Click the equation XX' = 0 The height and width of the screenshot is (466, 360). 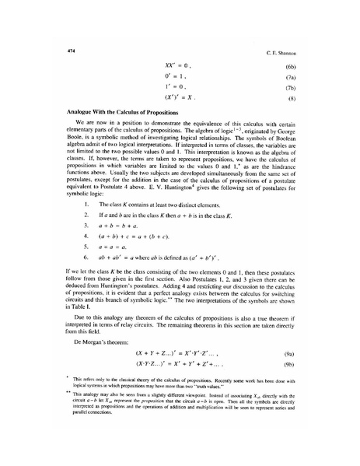point(177,67)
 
